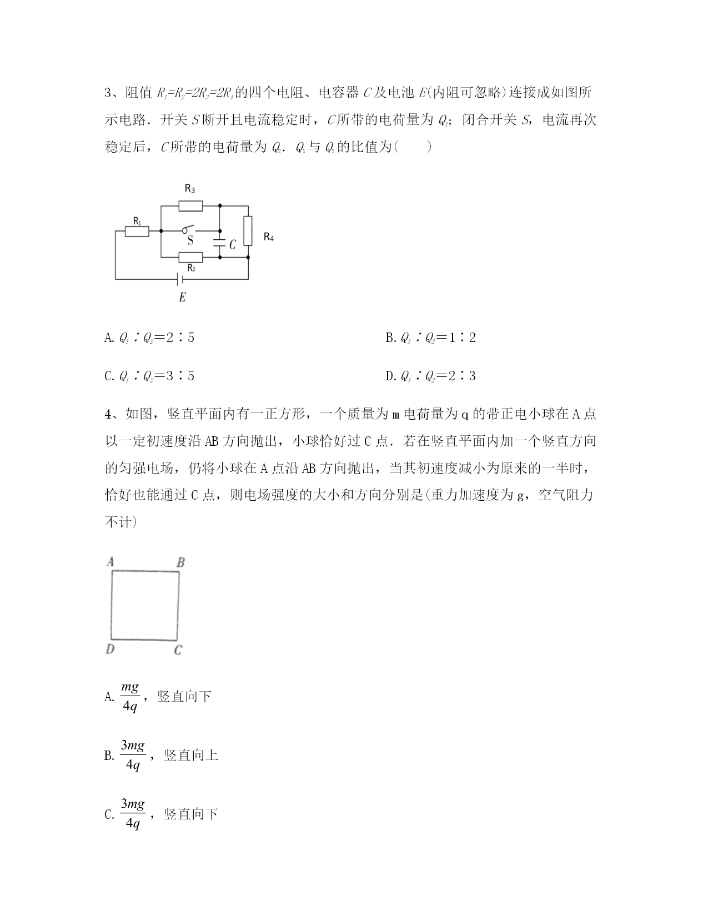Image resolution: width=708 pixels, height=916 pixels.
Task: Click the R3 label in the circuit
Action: tap(190, 189)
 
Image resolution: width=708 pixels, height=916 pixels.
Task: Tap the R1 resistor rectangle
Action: tap(137, 231)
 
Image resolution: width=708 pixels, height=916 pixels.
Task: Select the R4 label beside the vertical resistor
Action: tap(269, 237)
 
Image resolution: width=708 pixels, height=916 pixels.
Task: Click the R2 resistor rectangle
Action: tap(190, 257)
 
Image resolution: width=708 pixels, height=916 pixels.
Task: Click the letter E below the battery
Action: tap(182, 298)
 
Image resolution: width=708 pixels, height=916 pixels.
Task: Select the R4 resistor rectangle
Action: tap(248, 230)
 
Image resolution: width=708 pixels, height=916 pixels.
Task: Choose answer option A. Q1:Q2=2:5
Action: tap(149, 338)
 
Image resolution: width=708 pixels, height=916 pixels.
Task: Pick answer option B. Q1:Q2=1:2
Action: tap(430, 338)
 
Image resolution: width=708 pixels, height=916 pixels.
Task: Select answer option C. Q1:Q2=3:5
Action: tap(149, 376)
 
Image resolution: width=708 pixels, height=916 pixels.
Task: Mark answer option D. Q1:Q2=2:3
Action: tap(430, 376)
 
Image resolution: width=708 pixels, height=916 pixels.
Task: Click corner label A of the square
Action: tap(110, 562)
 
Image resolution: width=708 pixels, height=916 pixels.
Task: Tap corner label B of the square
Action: tap(180, 563)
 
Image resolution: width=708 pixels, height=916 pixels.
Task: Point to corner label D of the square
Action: tap(110, 649)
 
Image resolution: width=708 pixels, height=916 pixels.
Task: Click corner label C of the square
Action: tap(178, 650)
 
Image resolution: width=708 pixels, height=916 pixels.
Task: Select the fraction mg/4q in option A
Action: tap(130, 696)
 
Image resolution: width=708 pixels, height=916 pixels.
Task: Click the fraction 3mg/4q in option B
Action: tap(133, 755)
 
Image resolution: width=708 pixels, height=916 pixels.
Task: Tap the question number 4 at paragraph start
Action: tap(108, 414)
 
